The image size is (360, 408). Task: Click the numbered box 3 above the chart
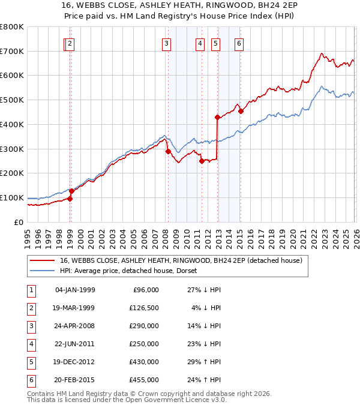166,43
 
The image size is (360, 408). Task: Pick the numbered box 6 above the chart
239,43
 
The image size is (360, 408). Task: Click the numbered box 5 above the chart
215,43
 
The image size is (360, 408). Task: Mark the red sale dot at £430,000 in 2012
217,118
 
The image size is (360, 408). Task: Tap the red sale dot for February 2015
241,111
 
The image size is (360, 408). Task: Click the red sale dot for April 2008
168,151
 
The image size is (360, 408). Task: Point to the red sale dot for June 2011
202,161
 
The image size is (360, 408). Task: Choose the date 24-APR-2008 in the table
74,326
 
